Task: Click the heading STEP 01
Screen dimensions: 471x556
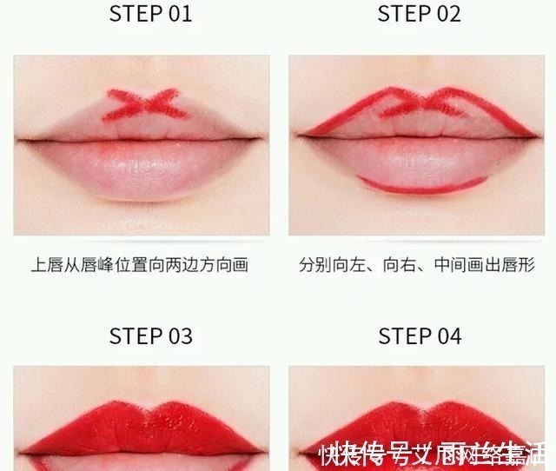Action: pos(150,14)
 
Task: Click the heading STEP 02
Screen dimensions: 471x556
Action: pos(420,14)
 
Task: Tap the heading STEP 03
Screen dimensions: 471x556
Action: pos(150,336)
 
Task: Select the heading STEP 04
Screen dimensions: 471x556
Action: pos(420,336)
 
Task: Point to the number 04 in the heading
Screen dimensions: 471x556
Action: pos(448,336)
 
